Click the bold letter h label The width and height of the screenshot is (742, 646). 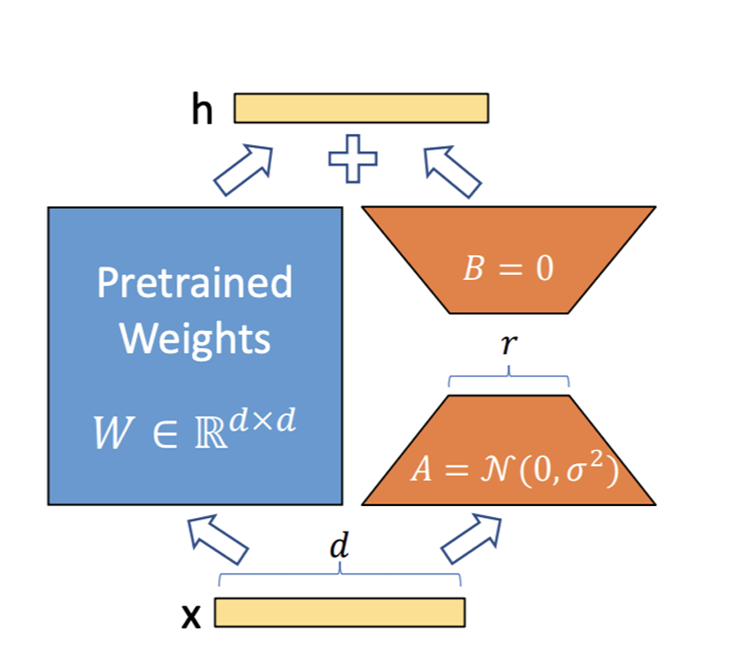tap(203, 110)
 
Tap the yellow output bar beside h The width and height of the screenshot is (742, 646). tap(361, 108)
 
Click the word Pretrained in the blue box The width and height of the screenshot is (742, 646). tap(194, 283)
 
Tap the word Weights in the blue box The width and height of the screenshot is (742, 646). tap(195, 338)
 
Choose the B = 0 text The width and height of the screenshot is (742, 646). tap(508, 269)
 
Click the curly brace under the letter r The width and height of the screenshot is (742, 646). tap(508, 377)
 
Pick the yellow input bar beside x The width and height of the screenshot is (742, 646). tap(339, 612)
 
